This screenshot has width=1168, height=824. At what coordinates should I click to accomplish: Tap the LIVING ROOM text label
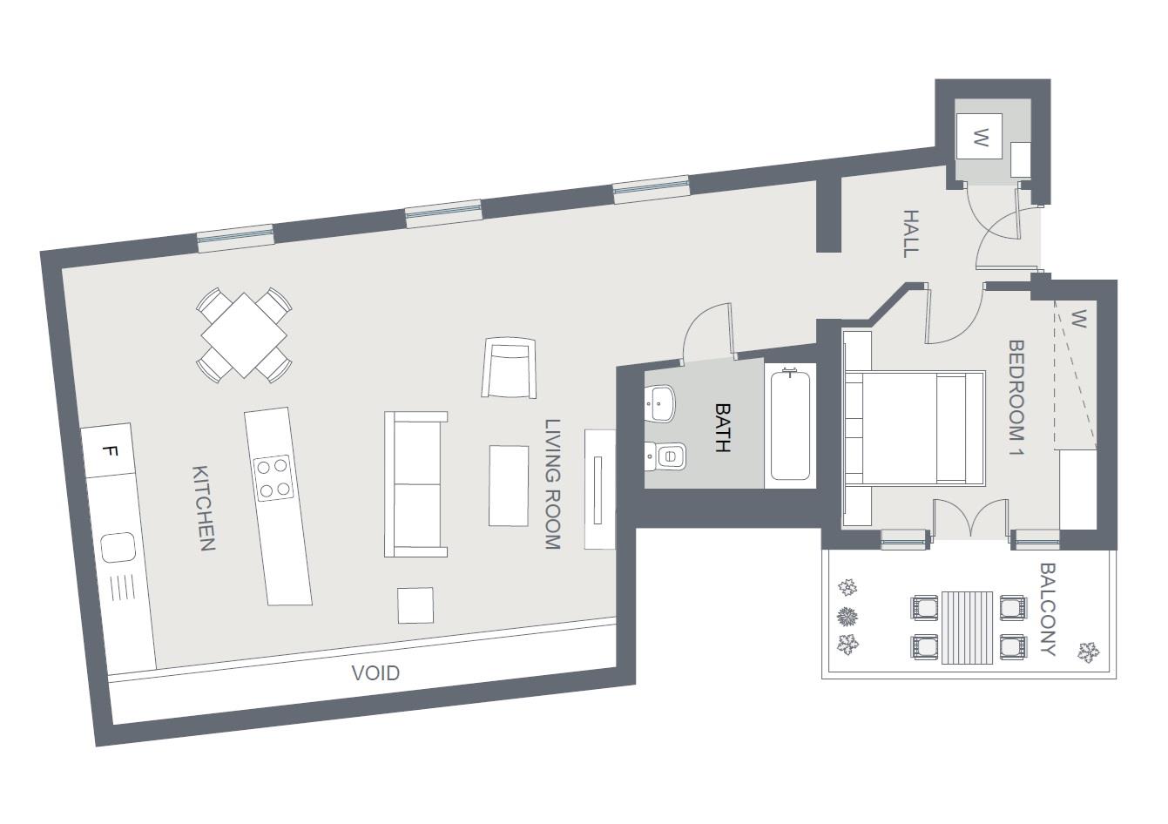click(x=553, y=484)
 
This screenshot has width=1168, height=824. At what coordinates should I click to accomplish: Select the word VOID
click(x=375, y=673)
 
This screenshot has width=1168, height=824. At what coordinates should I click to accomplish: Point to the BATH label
click(x=722, y=427)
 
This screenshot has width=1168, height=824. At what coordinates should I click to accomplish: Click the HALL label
click(x=910, y=233)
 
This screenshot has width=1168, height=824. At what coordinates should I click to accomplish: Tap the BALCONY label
click(x=1048, y=610)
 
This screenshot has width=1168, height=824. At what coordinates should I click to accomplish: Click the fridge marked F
click(x=109, y=451)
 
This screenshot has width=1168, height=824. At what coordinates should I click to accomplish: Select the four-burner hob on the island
click(x=273, y=478)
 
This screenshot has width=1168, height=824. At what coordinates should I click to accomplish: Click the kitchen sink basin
click(x=116, y=549)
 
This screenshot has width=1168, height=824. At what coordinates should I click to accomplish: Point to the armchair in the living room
click(x=509, y=368)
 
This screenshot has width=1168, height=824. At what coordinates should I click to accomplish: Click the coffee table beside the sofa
click(x=509, y=485)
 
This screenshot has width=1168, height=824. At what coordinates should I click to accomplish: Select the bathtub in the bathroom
click(x=791, y=424)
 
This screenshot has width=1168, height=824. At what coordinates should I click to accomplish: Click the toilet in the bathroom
click(x=669, y=455)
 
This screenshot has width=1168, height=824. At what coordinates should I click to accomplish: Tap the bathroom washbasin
click(x=661, y=401)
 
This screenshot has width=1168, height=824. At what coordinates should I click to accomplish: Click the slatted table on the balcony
click(x=967, y=627)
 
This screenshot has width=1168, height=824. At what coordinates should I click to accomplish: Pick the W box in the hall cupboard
click(x=981, y=137)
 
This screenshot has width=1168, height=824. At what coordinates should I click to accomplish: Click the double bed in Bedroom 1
click(x=915, y=427)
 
